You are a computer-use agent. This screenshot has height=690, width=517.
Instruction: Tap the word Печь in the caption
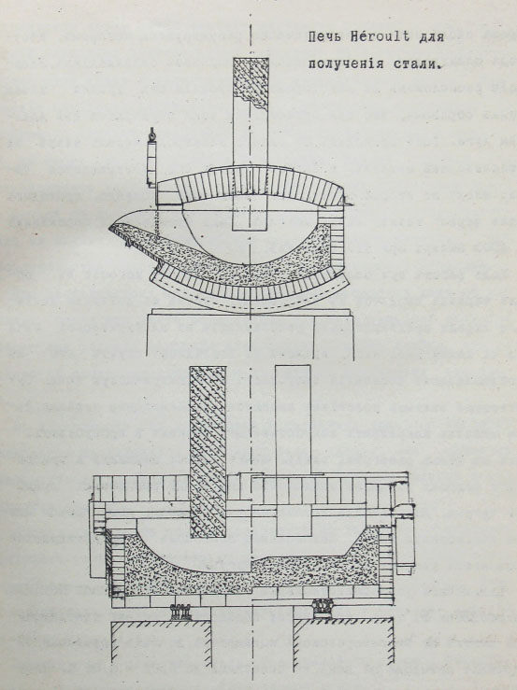pyautogui.click(x=323, y=37)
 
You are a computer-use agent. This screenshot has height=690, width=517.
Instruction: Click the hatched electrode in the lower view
pyautogui.click(x=208, y=452)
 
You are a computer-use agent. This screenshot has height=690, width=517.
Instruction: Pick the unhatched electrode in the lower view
pyautogui.click(x=294, y=451)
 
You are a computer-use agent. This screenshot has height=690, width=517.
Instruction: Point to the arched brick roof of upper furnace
pyautogui.click(x=251, y=184)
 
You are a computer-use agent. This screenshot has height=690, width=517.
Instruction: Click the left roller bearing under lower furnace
pyautogui.click(x=180, y=613)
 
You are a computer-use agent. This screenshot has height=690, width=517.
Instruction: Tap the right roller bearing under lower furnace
pyautogui.click(x=323, y=609)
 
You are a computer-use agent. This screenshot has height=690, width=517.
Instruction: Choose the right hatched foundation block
pyautogui.click(x=342, y=639)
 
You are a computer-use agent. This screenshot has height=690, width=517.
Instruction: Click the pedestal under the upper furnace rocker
pyautogui.click(x=250, y=332)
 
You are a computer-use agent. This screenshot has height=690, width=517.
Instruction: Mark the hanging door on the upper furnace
pyautogui.click(x=151, y=162)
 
